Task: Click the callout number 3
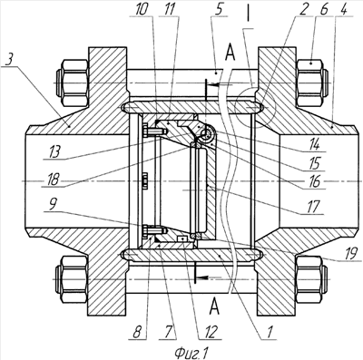pyautogui.click(x=9, y=62)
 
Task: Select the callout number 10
pyautogui.click(x=142, y=10)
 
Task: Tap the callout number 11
pyautogui.click(x=170, y=10)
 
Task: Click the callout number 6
pyautogui.click(x=323, y=10)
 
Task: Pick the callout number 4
pyautogui.click(x=343, y=10)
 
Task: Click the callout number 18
pyautogui.click(x=53, y=180)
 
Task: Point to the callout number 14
pyautogui.click(x=315, y=144)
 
